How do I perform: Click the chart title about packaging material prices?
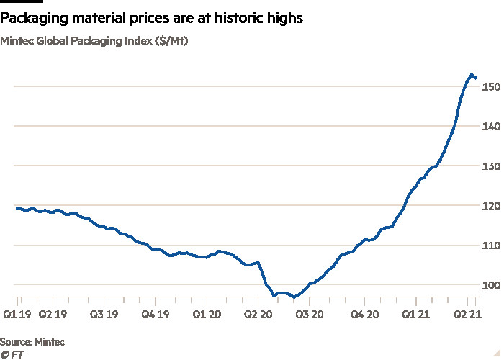151,19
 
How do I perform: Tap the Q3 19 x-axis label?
104,315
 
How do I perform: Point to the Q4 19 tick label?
156,315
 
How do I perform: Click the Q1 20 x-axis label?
208,315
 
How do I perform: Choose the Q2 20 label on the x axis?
258,315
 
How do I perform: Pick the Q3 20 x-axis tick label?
310,315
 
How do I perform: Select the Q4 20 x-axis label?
363,315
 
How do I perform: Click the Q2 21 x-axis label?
465,315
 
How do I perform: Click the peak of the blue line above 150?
471,75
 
